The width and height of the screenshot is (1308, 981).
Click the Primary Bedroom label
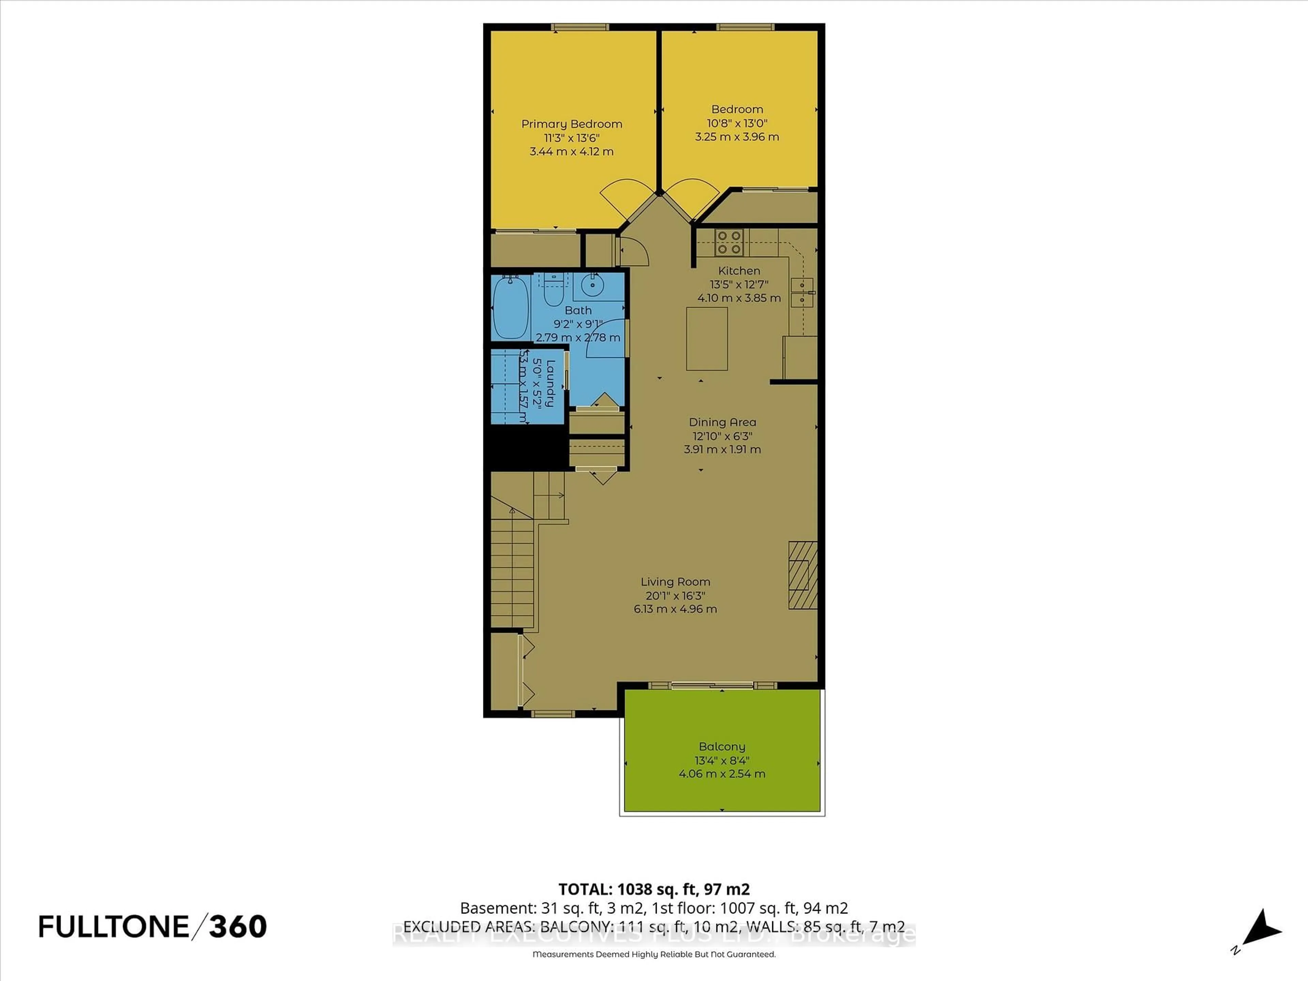point(571,124)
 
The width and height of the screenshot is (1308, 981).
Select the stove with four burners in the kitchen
point(729,243)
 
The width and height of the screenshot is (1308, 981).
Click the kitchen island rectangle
point(707,338)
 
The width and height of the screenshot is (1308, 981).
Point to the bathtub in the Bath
point(511,308)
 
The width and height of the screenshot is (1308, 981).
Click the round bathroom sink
point(591,285)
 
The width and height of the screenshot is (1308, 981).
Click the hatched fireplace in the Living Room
point(803,575)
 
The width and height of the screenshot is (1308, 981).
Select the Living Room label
point(675,582)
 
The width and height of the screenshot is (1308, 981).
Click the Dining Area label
point(722,422)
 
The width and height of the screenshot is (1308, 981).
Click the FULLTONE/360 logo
point(153,926)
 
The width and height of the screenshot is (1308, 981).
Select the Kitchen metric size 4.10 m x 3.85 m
point(738,298)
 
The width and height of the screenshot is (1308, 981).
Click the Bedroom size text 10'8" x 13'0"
point(737,123)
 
